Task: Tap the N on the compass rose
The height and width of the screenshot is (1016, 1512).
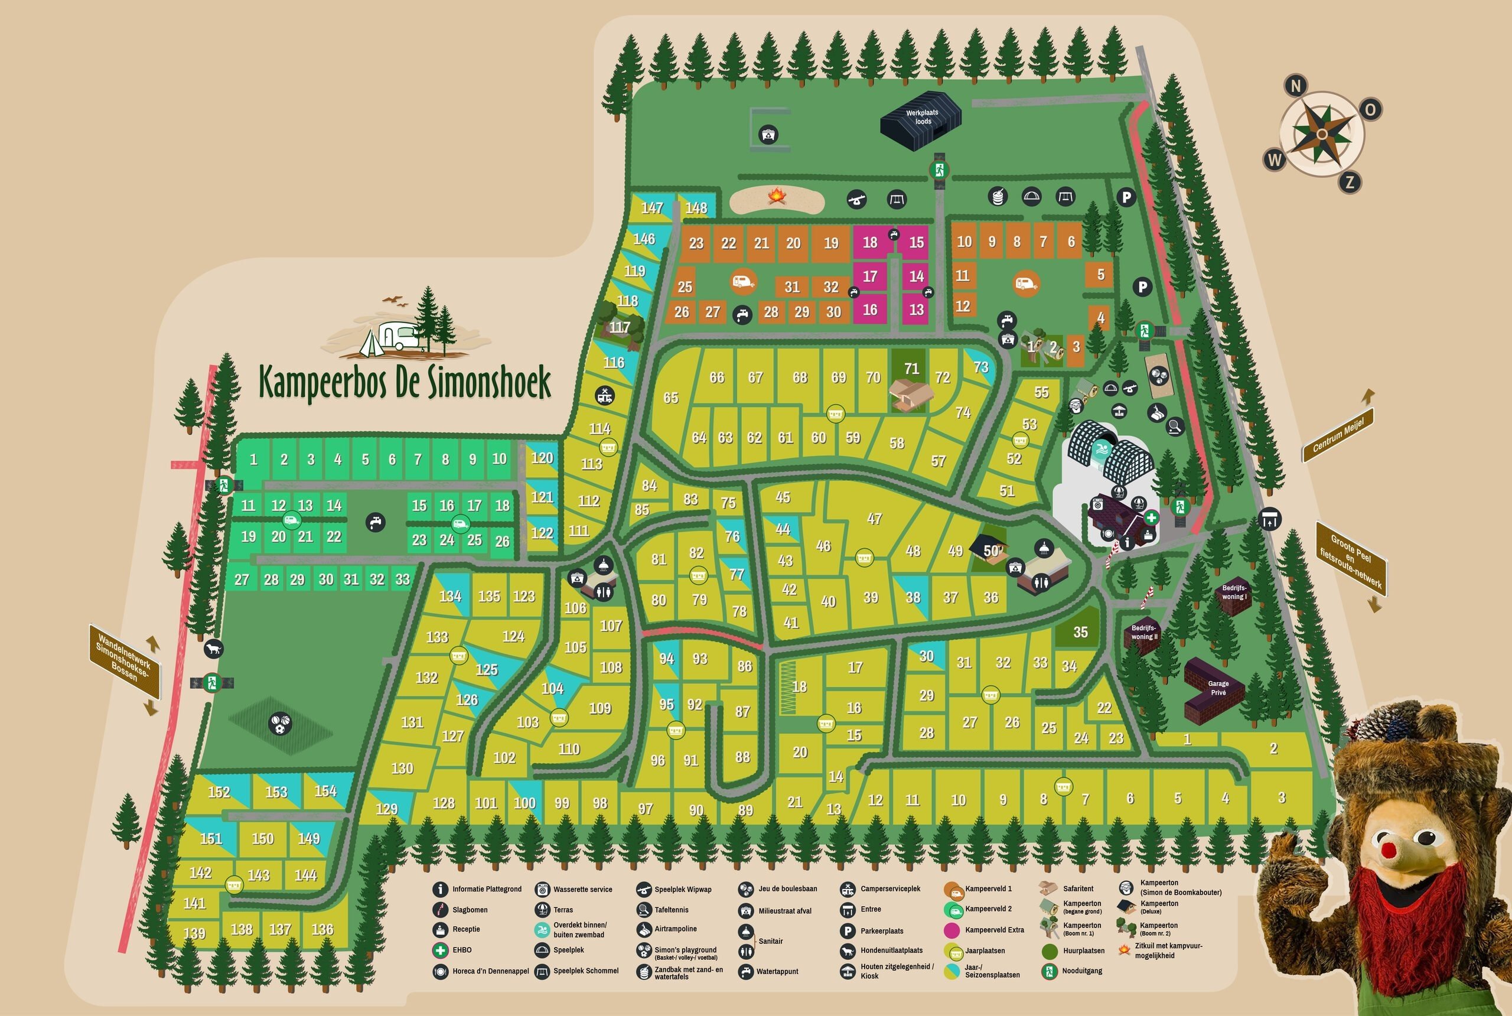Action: point(1296,86)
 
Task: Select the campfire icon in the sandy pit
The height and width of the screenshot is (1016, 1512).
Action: point(777,196)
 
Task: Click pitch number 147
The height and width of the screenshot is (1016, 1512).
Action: point(651,208)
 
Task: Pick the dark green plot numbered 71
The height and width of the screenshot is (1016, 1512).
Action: point(911,369)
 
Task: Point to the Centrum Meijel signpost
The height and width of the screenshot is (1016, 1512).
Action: point(1338,435)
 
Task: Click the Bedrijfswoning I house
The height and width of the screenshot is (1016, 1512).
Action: point(1233,594)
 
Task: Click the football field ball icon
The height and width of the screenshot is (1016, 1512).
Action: point(281,724)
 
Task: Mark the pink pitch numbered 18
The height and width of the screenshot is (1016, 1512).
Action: point(869,242)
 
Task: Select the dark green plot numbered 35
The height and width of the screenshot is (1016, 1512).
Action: point(1080,632)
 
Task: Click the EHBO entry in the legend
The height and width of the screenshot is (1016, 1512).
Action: point(461,950)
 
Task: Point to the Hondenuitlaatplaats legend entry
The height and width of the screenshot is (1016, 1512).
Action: point(891,950)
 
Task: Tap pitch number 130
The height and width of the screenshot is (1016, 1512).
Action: point(402,768)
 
